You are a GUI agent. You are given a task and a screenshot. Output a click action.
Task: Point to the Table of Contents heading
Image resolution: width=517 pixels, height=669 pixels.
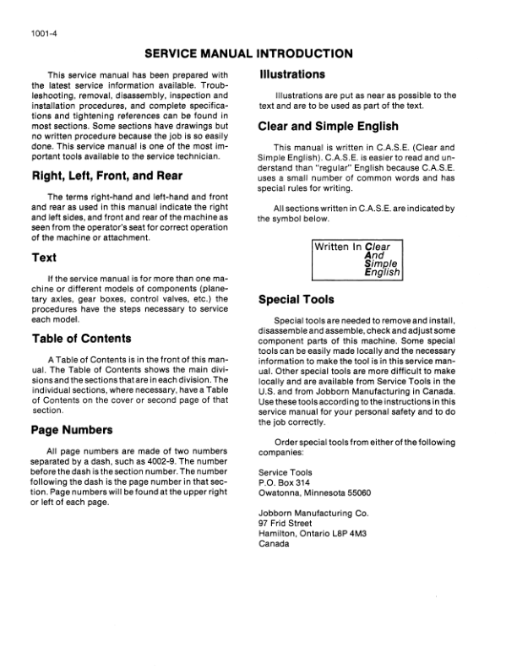click(x=82, y=339)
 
